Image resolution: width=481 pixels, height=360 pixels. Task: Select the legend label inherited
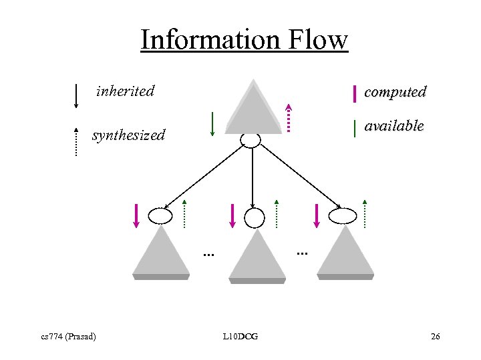[126, 91]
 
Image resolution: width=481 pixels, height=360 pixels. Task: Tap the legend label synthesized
[128, 135]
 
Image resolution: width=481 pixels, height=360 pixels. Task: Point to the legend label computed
[395, 92]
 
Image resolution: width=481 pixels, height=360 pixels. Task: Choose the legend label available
[394, 125]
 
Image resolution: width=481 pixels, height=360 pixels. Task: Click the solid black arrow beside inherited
[76, 95]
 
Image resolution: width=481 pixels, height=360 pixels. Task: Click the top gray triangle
[253, 109]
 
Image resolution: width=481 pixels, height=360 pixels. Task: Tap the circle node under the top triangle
[251, 139]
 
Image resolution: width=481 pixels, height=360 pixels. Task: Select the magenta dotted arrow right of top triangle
[289, 118]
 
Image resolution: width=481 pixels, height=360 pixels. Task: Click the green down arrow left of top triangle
[212, 124]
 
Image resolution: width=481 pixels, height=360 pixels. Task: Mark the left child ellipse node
[160, 215]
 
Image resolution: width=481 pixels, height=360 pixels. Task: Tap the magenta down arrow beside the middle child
[232, 215]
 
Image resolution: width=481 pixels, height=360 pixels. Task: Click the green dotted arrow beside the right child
[365, 213]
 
